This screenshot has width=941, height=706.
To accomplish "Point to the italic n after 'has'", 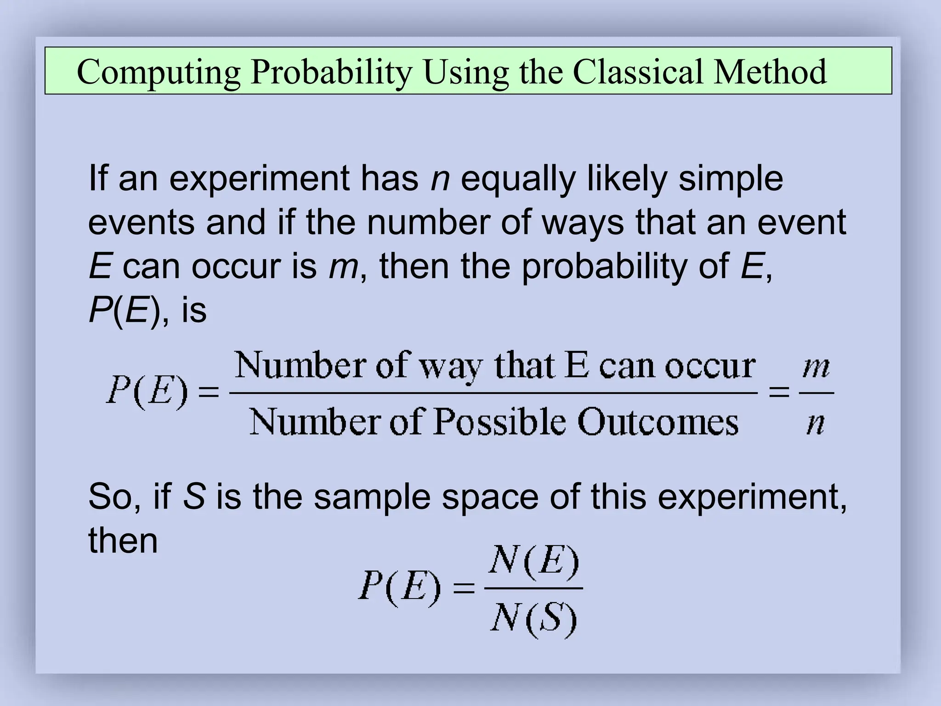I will (440, 179).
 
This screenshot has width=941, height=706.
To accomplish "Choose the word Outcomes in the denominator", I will (658, 421).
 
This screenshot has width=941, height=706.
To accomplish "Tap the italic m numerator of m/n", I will (816, 368).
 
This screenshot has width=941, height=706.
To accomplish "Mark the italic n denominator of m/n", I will (816, 422).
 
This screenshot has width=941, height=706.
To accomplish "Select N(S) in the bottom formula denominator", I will (533, 618).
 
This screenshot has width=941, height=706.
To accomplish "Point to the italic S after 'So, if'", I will (193, 497).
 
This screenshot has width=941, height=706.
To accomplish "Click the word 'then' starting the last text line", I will (123, 540).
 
